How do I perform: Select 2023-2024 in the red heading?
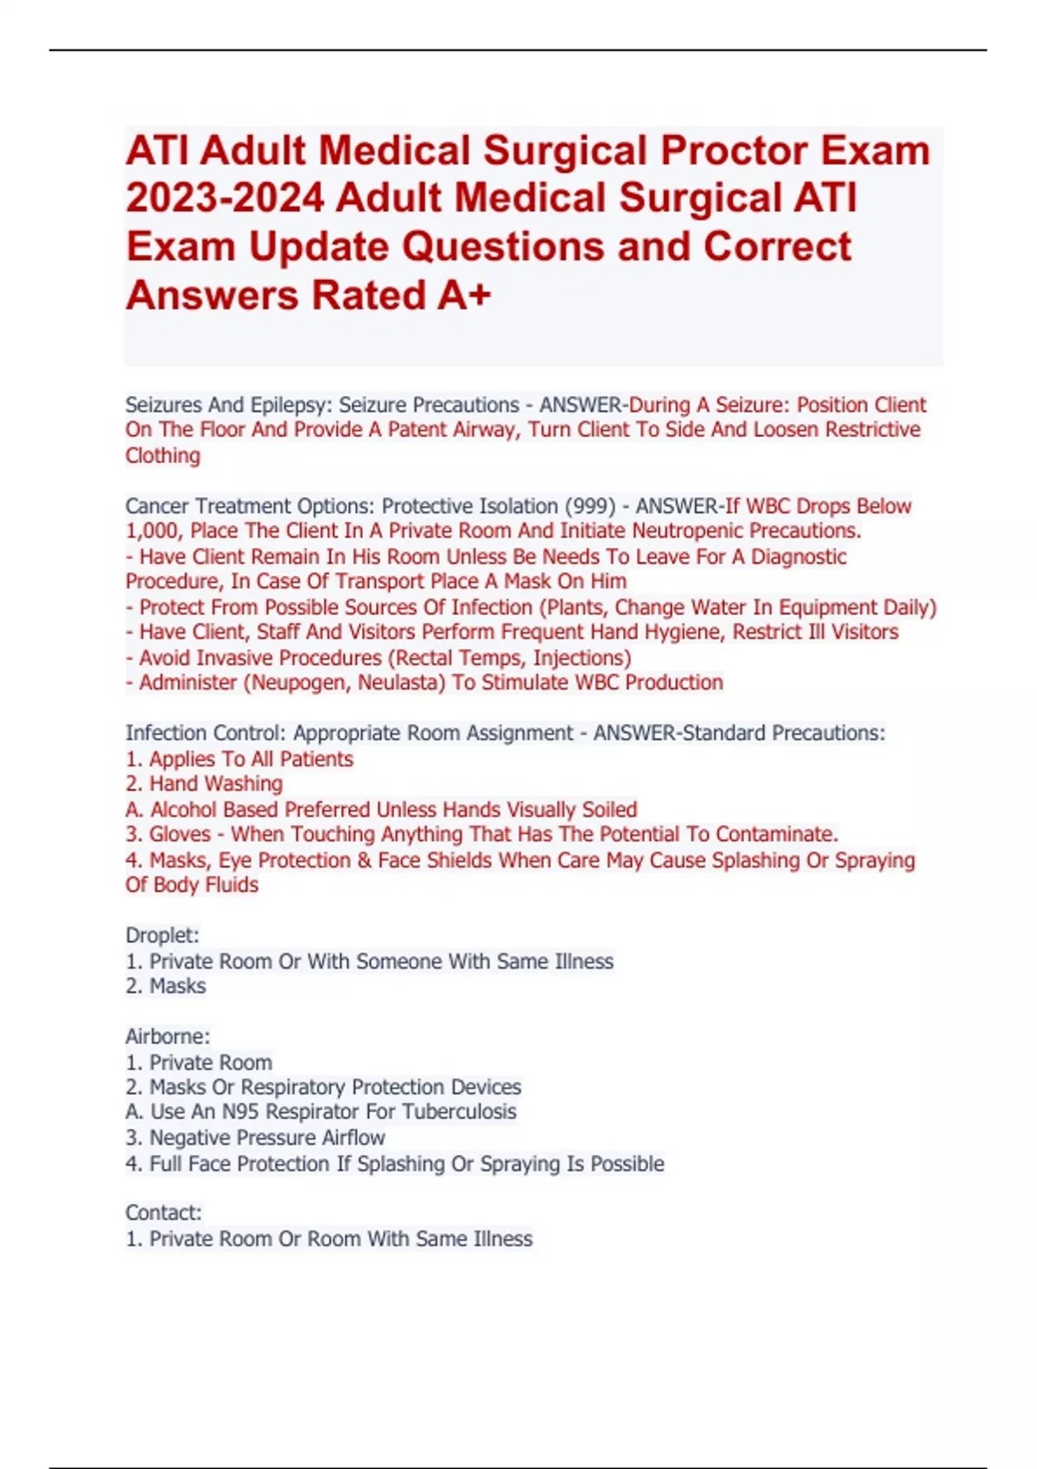(x=225, y=198)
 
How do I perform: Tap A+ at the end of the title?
(x=464, y=296)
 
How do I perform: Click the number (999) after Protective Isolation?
(x=590, y=506)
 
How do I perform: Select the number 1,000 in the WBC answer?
(x=152, y=531)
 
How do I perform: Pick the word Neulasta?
(x=399, y=683)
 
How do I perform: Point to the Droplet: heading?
(x=162, y=935)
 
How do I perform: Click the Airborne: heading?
(x=168, y=1036)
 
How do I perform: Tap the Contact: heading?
(x=163, y=1213)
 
